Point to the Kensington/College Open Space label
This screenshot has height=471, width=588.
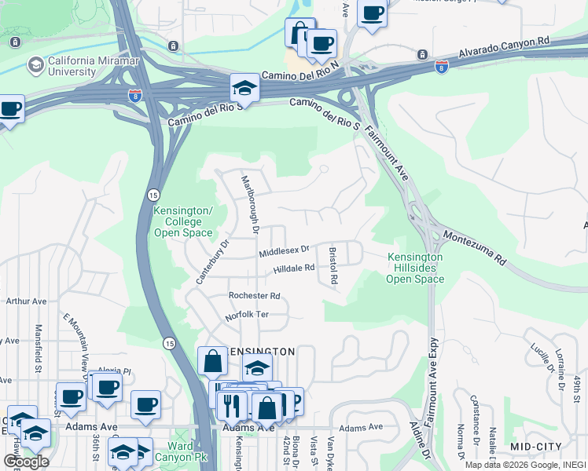point(183,222)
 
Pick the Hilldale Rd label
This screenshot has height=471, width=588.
point(294,268)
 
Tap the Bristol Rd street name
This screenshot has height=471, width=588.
point(333,267)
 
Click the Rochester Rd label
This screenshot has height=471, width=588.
point(254,296)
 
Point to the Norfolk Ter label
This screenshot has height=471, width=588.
point(248,315)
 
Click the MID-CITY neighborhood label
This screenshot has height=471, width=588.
point(536,446)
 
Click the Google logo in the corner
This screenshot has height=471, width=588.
point(25,461)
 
